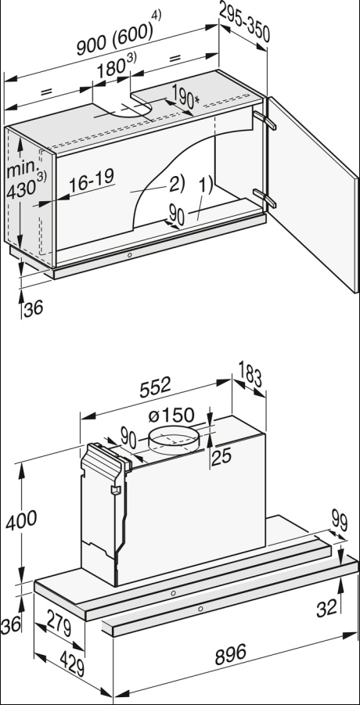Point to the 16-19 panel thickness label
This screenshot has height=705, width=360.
pyautogui.click(x=92, y=181)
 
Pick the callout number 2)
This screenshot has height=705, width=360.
pyautogui.click(x=175, y=184)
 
